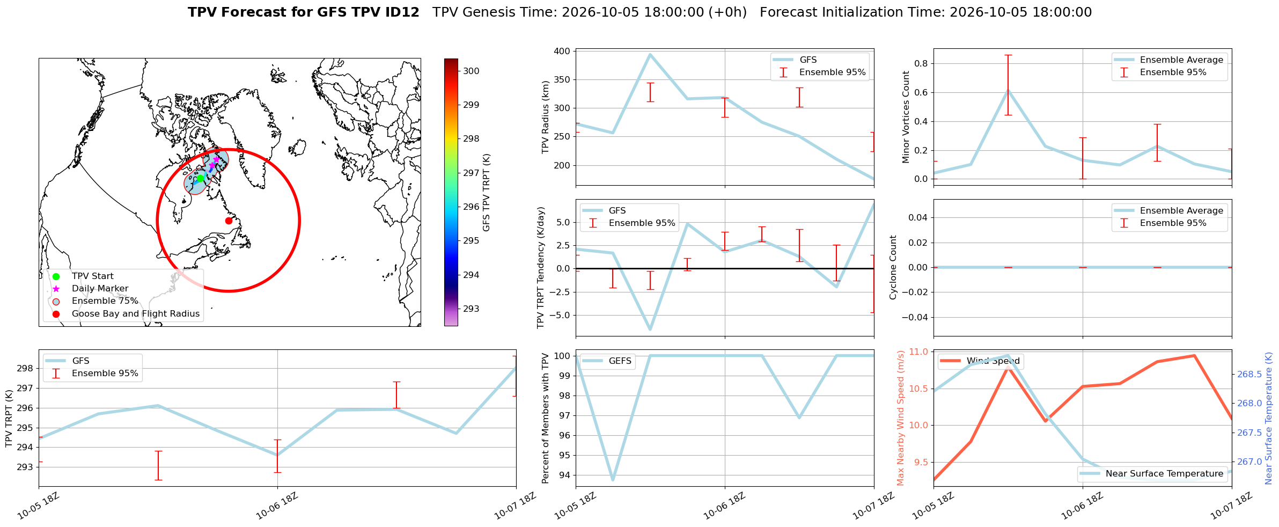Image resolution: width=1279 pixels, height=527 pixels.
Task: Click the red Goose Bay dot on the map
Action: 229,221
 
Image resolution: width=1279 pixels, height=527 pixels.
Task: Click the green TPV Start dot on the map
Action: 200,178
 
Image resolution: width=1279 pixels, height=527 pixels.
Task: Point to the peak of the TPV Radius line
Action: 650,54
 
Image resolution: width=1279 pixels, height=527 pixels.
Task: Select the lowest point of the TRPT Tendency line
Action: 650,330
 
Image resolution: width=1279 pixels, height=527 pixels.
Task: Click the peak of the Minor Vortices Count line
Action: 1008,90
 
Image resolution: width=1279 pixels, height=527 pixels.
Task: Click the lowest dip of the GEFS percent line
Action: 613,480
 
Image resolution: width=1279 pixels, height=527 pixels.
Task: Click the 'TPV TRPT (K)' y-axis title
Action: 9,419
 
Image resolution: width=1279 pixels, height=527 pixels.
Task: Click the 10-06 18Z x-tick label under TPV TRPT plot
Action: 276,506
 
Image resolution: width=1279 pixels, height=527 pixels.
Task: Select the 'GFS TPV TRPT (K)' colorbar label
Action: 487,193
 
